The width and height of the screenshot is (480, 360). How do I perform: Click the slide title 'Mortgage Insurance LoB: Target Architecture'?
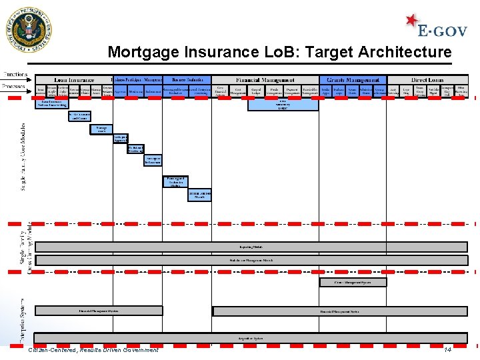279,52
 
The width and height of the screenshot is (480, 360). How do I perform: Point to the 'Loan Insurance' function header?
74,80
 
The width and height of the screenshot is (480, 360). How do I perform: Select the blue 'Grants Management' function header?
353,80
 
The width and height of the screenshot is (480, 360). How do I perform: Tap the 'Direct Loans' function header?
428,80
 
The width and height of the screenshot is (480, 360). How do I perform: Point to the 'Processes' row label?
14,86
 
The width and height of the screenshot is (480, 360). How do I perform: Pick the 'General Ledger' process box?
256,90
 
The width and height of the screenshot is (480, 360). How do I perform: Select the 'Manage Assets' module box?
101,129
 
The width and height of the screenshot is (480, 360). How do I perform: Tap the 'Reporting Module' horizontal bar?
251,247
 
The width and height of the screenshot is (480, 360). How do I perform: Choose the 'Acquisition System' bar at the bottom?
251,338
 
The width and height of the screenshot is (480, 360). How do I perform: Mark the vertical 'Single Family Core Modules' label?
23,157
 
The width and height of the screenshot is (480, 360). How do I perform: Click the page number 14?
447,350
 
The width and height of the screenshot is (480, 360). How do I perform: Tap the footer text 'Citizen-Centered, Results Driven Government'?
93,350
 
